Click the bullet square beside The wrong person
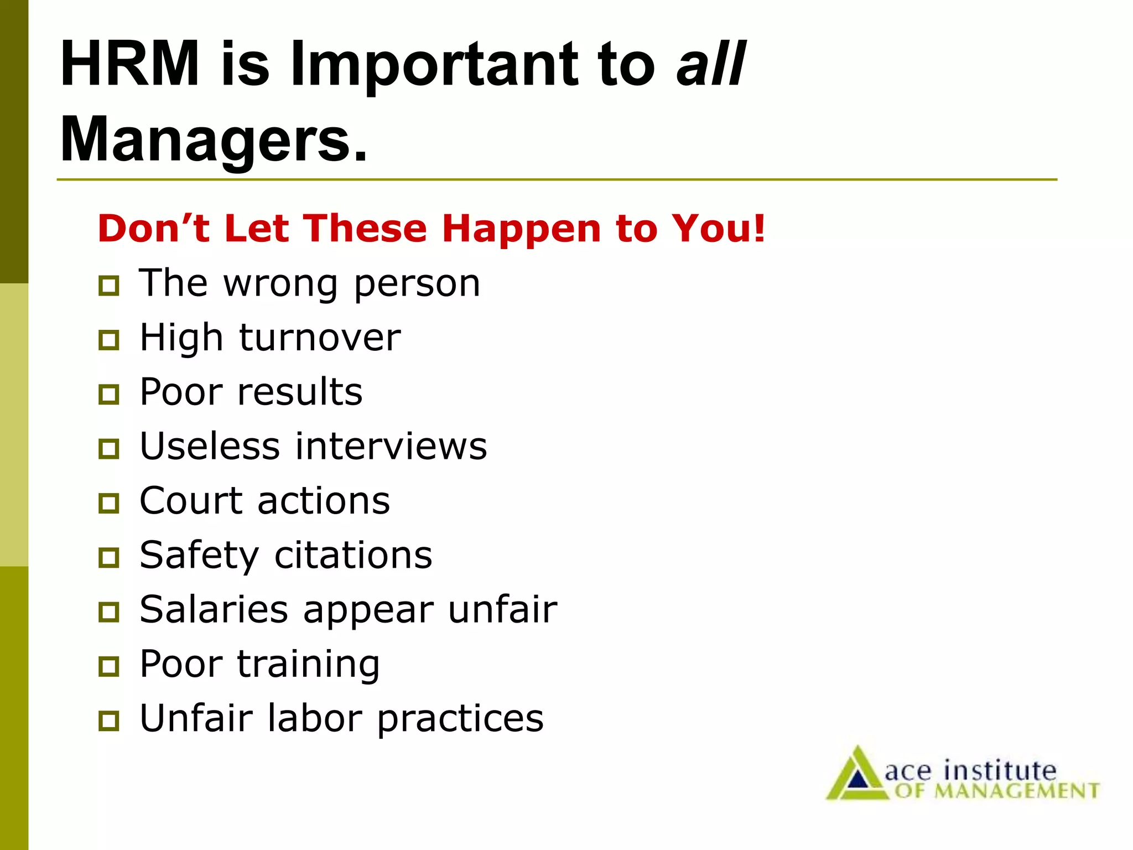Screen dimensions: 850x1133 click(x=108, y=286)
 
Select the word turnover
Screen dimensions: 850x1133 click(x=320, y=338)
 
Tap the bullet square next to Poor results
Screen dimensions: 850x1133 click(x=108, y=395)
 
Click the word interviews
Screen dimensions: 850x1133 click(x=391, y=446)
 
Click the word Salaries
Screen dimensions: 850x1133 click(x=214, y=609)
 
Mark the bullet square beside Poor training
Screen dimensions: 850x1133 click(x=108, y=666)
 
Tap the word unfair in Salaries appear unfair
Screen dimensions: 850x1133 click(x=502, y=609)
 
